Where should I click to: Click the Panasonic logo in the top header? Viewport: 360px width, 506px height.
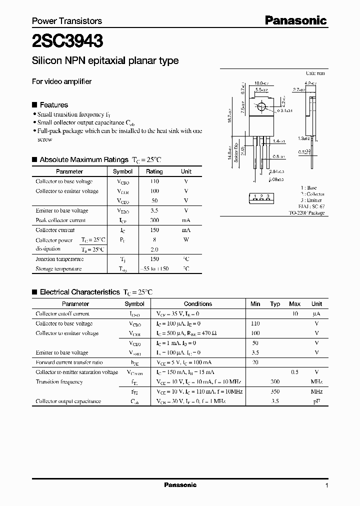[x=295, y=20]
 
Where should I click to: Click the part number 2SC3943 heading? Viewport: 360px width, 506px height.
[x=68, y=40]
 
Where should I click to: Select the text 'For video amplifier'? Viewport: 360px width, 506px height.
[x=61, y=81]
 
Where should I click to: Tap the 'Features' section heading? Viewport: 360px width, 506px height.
[x=53, y=105]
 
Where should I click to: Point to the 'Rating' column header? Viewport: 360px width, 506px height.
[x=154, y=171]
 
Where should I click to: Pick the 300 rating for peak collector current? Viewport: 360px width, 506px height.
[x=154, y=220]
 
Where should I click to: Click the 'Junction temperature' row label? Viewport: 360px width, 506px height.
[x=59, y=259]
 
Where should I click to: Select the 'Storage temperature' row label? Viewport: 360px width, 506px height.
[x=58, y=269]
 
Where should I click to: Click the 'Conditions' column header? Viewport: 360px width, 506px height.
[x=198, y=304]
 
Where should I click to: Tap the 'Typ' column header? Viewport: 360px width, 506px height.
[x=275, y=304]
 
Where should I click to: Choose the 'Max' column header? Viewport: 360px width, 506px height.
[x=295, y=304]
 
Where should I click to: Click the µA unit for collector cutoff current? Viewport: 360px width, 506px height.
[x=316, y=314]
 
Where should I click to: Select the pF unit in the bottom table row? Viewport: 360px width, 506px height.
[x=316, y=401]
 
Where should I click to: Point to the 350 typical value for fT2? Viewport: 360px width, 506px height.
[x=275, y=392]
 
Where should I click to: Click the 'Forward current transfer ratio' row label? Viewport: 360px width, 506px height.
[x=69, y=362]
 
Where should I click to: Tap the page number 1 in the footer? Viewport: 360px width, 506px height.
[x=326, y=485]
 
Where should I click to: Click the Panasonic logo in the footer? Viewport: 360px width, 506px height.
[x=180, y=485]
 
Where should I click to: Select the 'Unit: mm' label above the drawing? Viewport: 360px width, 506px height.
[x=315, y=73]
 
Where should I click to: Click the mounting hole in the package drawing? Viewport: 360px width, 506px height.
[x=261, y=106]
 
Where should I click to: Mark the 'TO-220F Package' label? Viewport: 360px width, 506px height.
[x=306, y=213]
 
